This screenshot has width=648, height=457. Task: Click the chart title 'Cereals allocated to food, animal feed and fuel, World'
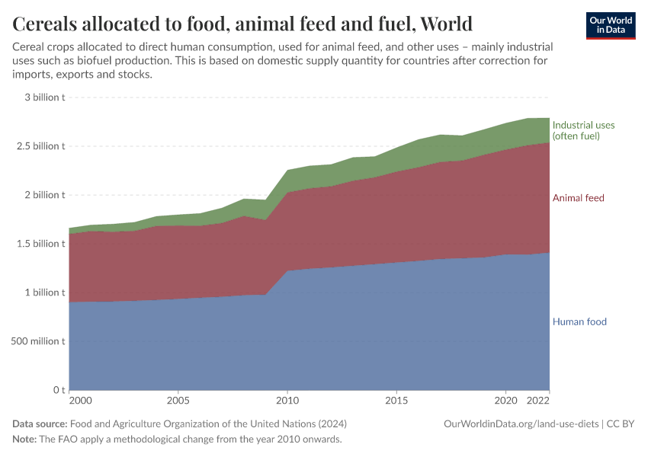coord(242,24)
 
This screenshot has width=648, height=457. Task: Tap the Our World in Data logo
coord(611,25)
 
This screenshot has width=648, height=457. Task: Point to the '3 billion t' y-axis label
coord(44,97)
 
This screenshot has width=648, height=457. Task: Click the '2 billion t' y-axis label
coord(44,195)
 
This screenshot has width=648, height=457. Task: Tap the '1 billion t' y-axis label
coord(44,292)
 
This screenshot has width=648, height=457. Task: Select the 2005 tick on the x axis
coord(178,401)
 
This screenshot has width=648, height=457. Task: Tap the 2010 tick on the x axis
coord(287,401)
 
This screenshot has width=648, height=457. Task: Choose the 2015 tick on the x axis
coord(396,401)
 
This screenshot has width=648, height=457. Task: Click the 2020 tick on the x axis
coord(505,401)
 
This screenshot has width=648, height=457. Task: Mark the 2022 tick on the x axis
coord(538,401)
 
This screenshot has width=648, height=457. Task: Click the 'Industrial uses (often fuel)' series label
coord(583,130)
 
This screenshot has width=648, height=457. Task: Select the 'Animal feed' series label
coord(578,198)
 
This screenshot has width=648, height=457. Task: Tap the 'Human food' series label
coord(579,321)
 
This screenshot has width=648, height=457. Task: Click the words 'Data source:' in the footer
coord(40,423)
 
